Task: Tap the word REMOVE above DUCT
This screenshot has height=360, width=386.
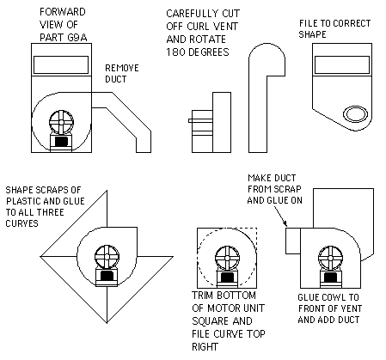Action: pyautogui.click(x=122, y=68)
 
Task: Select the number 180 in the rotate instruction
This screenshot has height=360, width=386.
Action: pyautogui.click(x=173, y=52)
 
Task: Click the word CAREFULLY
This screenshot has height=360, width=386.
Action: pyautogui.click(x=188, y=14)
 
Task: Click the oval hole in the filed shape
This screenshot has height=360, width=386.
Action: pyautogui.click(x=355, y=114)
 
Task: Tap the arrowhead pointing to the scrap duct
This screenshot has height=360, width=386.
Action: pyautogui.click(x=285, y=223)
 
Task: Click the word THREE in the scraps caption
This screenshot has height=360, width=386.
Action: pyautogui.click(x=52, y=212)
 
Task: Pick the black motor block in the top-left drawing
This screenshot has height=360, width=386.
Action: pyautogui.click(x=61, y=141)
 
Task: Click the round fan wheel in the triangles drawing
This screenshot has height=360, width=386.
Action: pyautogui.click(x=107, y=257)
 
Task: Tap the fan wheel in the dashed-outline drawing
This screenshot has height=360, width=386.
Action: pyautogui.click(x=227, y=258)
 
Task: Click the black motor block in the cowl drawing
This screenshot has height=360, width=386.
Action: pyautogui.click(x=330, y=277)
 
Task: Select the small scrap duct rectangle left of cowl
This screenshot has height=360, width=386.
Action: pyautogui.click(x=293, y=241)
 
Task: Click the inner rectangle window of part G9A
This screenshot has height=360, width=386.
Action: pyautogui.click(x=61, y=64)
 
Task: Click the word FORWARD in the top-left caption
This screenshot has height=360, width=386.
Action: pyautogui.click(x=63, y=12)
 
